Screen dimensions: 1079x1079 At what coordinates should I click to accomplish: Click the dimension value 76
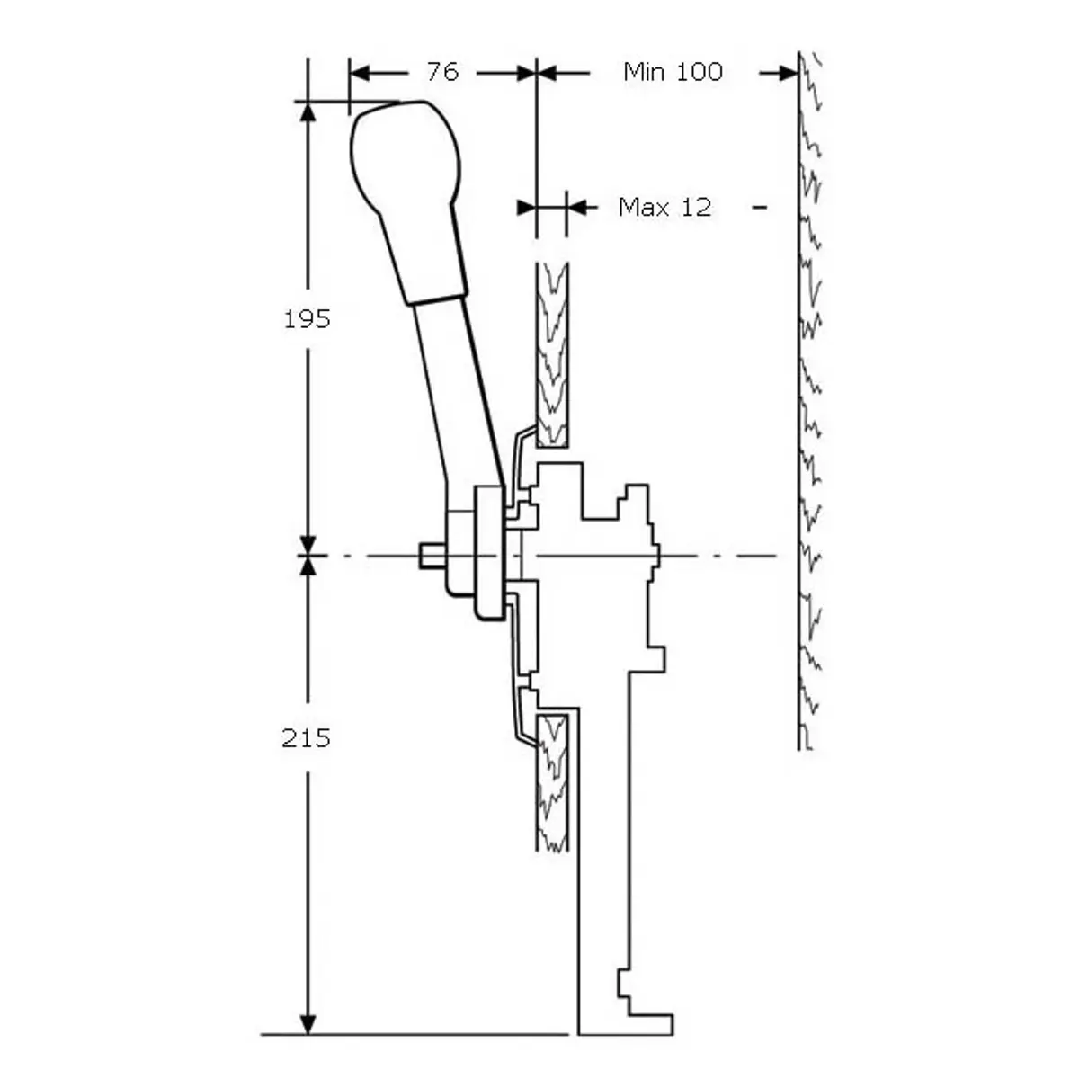click(442, 72)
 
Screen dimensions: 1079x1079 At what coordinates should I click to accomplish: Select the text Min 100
click(673, 72)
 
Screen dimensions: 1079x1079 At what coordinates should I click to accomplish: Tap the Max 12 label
click(664, 208)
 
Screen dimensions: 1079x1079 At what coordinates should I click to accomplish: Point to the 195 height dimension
click(307, 319)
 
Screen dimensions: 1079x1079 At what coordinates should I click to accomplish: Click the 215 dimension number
click(306, 738)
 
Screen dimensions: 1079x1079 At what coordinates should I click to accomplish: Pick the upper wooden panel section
click(553, 355)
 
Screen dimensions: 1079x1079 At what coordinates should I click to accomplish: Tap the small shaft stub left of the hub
click(432, 556)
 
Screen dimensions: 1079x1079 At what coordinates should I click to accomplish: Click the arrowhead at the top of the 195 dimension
click(308, 112)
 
